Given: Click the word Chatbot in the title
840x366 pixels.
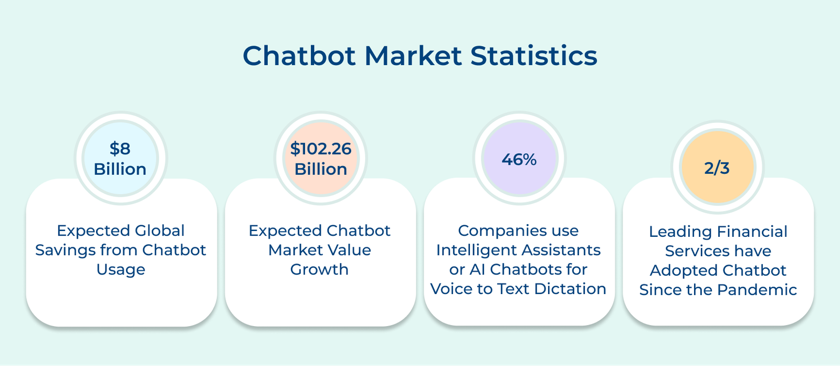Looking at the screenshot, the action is tap(299, 56).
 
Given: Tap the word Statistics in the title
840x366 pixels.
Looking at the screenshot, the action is tap(533, 56).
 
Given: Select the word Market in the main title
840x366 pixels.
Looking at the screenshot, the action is tap(413, 56).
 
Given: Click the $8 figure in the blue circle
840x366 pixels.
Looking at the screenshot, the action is tap(120, 149).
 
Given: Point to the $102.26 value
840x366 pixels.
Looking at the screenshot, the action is tap(321, 149).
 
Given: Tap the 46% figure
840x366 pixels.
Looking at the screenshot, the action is tap(519, 160).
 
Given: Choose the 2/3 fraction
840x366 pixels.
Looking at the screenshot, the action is tap(717, 168).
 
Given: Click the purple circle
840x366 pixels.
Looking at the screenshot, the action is tap(519, 158).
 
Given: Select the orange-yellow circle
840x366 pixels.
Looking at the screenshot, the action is tap(717, 168).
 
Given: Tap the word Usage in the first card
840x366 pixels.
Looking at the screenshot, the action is tap(121, 269).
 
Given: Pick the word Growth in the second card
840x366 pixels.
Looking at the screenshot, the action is tap(320, 269).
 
